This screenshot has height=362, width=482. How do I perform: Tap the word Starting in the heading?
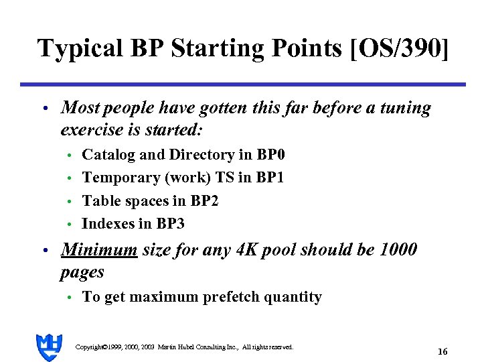pyautogui.click(x=203, y=49)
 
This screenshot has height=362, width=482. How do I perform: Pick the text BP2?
pyautogui.click(x=204, y=200)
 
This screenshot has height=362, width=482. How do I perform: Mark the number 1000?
pyautogui.click(x=398, y=251)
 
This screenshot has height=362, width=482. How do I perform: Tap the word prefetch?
pyautogui.click(x=222, y=297)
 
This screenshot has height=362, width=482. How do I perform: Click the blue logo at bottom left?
pyautogui.click(x=49, y=347)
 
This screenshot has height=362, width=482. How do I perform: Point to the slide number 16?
pyautogui.click(x=442, y=351)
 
